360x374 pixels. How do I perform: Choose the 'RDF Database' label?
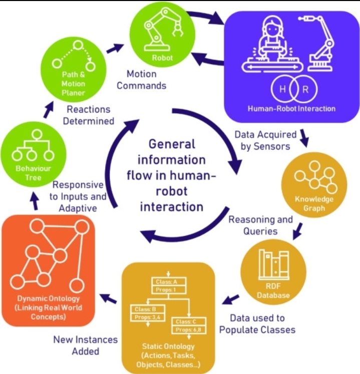click(x=273, y=291)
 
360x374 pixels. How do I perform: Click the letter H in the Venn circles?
click(x=283, y=89)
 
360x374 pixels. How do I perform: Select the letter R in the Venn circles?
click(x=305, y=89)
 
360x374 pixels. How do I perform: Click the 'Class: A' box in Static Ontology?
click(x=168, y=282)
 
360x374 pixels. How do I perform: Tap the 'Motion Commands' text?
click(x=141, y=80)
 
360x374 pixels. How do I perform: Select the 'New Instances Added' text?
click(x=86, y=345)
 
